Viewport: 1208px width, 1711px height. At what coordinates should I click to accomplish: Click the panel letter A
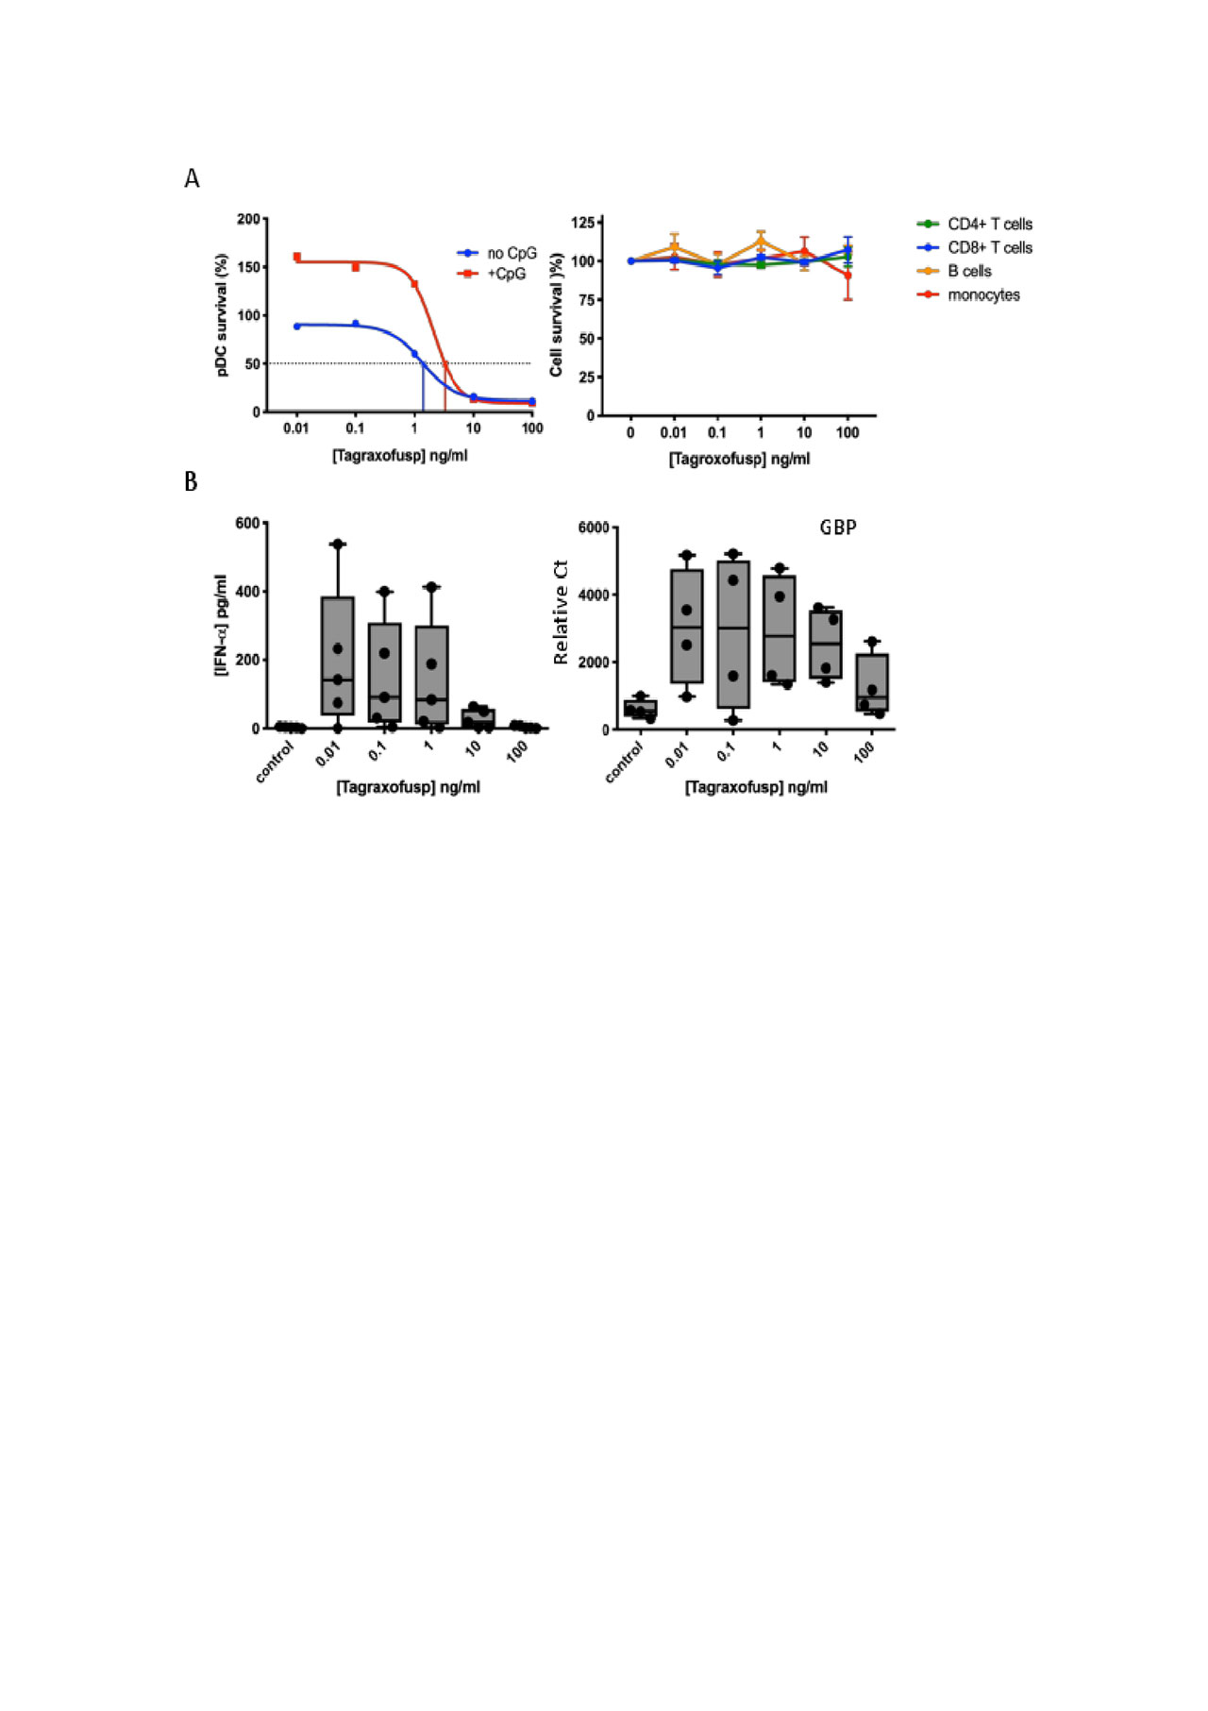(192, 179)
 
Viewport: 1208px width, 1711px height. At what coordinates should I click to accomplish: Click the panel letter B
(191, 481)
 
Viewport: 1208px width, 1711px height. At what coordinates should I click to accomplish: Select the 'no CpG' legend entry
(511, 253)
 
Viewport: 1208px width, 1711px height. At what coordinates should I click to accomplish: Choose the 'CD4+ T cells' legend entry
(989, 224)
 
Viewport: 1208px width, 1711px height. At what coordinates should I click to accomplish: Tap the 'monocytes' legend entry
(982, 294)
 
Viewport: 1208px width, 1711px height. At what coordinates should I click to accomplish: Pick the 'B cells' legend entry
(969, 271)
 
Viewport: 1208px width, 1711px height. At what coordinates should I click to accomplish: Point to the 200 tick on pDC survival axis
(248, 219)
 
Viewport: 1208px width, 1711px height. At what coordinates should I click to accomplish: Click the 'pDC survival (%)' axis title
(223, 315)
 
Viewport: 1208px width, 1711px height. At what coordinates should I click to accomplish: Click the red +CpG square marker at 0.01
(297, 257)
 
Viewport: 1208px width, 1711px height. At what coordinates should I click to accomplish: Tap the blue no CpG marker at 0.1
(356, 324)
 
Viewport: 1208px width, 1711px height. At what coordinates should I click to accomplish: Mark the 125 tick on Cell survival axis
(583, 222)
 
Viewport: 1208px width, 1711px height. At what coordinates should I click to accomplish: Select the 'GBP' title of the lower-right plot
(838, 528)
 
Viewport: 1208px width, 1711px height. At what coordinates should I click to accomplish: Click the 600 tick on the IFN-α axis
(248, 524)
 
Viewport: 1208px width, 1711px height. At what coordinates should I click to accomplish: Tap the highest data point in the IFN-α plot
(337, 544)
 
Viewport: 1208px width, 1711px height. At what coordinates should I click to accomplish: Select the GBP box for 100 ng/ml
(872, 682)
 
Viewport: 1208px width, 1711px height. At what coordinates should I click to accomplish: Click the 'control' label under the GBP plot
(625, 763)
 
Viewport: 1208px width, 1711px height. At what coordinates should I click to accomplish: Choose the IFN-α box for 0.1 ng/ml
(384, 672)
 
